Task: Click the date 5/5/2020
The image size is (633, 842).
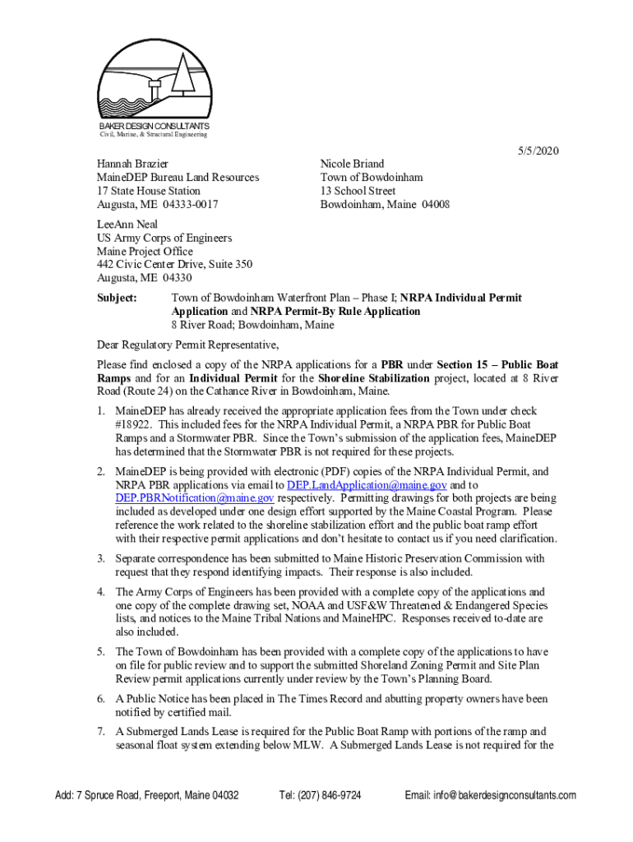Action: (538, 150)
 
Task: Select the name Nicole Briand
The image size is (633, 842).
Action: (352, 164)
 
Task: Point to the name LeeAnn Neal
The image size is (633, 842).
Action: (127, 224)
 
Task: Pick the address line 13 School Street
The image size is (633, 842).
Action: (358, 191)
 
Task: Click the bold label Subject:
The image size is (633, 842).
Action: (117, 298)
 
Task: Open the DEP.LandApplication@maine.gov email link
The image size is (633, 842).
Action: (367, 485)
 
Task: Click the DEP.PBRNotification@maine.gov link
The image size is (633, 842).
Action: (195, 498)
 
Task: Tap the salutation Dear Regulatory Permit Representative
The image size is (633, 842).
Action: (187, 345)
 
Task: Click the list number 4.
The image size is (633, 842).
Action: (100, 592)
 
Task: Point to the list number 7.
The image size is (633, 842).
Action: (100, 731)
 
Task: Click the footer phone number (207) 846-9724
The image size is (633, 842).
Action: (320, 795)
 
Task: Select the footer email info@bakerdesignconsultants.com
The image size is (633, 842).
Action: (491, 795)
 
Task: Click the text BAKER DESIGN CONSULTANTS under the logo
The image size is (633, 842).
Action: (154, 126)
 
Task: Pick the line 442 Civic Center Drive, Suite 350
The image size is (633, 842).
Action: (174, 265)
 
